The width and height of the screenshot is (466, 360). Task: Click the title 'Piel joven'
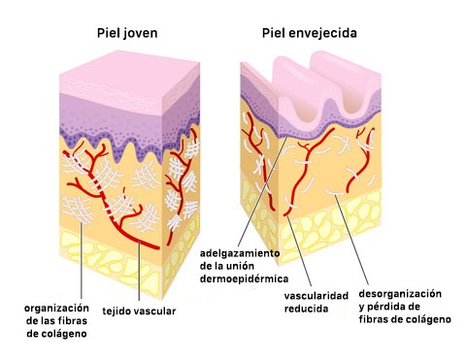(127, 33)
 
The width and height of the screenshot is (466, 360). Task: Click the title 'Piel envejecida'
(310, 33)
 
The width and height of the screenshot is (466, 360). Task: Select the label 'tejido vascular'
(139, 311)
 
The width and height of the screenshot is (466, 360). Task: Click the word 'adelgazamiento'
(239, 252)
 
